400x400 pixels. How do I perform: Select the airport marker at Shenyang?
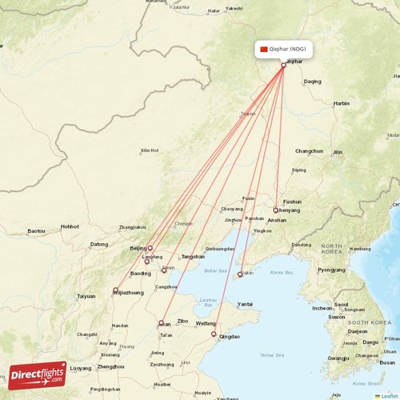(276, 210)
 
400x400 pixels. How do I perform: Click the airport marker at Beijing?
(150, 248)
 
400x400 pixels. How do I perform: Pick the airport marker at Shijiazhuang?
(115, 290)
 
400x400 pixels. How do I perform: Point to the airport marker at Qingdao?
(214, 334)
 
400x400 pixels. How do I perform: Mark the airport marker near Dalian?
(240, 274)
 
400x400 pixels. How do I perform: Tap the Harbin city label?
(342, 103)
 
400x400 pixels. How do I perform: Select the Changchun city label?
(309, 151)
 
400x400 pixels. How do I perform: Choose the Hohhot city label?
(70, 226)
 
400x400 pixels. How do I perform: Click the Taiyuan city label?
(86, 296)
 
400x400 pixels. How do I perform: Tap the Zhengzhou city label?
(110, 367)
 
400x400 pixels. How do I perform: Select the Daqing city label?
(312, 81)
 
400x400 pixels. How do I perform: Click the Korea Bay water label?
(282, 273)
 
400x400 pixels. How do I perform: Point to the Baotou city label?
(37, 231)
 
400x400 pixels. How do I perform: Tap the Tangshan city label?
(193, 256)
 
